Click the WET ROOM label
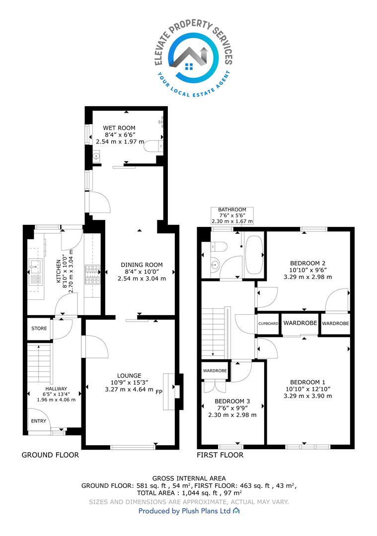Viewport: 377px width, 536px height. (119, 128)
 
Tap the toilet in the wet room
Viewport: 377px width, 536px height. (153, 146)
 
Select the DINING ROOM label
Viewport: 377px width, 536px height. (142, 265)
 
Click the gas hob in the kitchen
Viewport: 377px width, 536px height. (92, 274)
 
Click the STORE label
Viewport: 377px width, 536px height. (39, 329)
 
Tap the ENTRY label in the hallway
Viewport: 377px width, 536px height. (38, 421)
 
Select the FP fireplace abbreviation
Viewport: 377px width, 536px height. (159, 392)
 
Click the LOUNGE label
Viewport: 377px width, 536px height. (129, 376)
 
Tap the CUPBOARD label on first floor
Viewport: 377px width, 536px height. (268, 324)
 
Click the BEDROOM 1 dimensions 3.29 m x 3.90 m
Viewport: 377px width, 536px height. (307, 396)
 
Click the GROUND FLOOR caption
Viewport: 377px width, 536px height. (50, 455)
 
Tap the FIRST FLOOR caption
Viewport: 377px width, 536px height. (220, 455)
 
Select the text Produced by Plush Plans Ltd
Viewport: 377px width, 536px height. (184, 511)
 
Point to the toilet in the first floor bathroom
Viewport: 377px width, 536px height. (219, 246)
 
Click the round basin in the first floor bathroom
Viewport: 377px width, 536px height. (215, 264)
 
